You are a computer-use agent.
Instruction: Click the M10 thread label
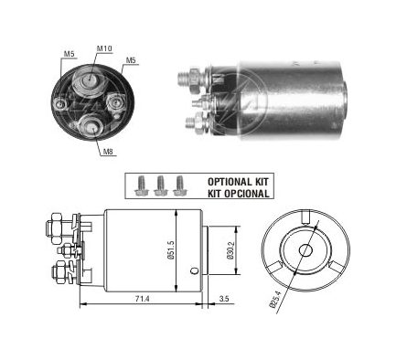point(104,48)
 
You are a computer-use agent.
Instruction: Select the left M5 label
point(69,53)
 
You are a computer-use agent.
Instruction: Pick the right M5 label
point(131,60)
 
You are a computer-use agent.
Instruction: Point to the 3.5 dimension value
point(224,299)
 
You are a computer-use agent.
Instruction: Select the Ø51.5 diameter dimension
point(171,249)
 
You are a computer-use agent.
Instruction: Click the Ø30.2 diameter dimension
point(230,250)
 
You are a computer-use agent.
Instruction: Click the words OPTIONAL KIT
point(238,182)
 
